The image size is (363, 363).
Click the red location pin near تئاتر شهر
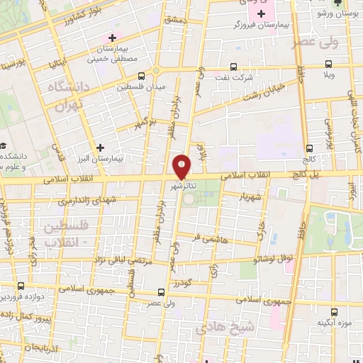tap(182, 167)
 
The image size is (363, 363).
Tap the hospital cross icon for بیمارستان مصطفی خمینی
tap(112, 37)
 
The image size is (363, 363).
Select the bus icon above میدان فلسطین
tap(142, 75)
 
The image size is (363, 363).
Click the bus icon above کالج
tap(309, 147)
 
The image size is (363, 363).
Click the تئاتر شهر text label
tap(183, 186)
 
